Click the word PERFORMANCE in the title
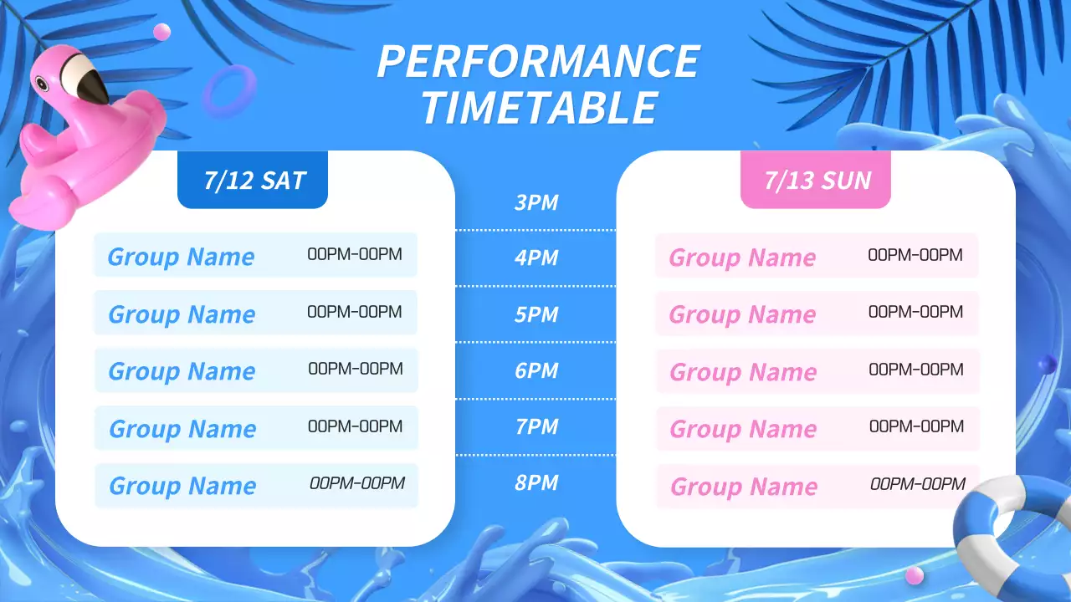[x=538, y=62]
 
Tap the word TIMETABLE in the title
[x=538, y=108]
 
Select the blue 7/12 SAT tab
[x=254, y=181]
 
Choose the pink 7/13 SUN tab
[x=817, y=181]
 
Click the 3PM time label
[x=536, y=203]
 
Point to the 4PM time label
[x=536, y=258]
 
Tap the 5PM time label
[x=536, y=315]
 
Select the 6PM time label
[x=536, y=370]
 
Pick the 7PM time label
[x=536, y=426]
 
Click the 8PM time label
[x=536, y=482]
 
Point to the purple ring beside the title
[x=229, y=90]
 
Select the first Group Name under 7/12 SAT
[x=181, y=257]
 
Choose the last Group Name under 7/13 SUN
[x=744, y=487]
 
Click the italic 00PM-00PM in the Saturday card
[x=357, y=483]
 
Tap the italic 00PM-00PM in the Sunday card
[x=918, y=484]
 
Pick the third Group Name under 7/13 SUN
[x=743, y=372]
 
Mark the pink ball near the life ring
[x=915, y=575]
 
